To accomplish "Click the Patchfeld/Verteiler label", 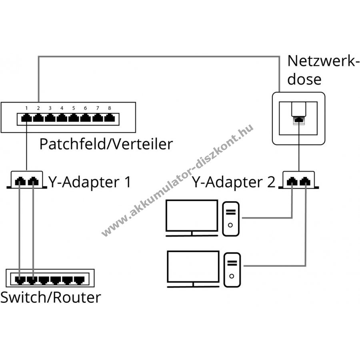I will click(106, 144).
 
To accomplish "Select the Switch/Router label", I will click(50, 298).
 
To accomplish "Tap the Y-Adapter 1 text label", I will click(90, 182).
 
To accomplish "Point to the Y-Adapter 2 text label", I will click(234, 182).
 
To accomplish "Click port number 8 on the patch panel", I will click(109, 118).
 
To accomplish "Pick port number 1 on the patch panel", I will click(26, 118).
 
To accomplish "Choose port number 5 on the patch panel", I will click(74, 118).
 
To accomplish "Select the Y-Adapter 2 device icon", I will click(300, 180).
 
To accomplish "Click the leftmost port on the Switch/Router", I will click(19, 280).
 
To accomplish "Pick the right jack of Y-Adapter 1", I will click(33, 182).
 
